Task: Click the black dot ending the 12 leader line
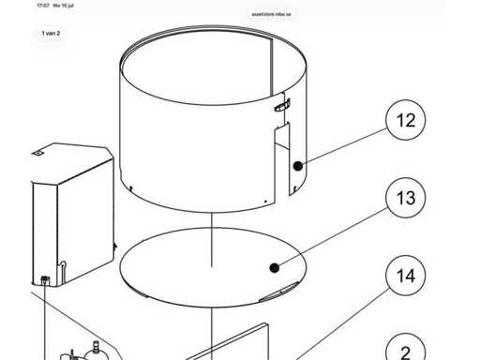pyautogui.click(x=298, y=166)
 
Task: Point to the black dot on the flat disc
pyautogui.click(x=275, y=268)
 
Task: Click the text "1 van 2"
pyautogui.click(x=51, y=33)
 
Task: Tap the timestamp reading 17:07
pyautogui.click(x=43, y=6)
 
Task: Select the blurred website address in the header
pyautogui.click(x=272, y=14)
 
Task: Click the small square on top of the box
pyautogui.click(x=37, y=153)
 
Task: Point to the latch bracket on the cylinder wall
pyautogui.click(x=282, y=105)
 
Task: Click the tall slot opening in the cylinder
pyautogui.click(x=282, y=159)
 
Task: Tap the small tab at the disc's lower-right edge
pyautogui.click(x=279, y=292)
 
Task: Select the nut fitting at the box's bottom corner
pyautogui.click(x=45, y=279)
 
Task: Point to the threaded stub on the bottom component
pyautogui.click(x=96, y=346)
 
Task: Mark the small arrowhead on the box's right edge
pyautogui.click(x=115, y=247)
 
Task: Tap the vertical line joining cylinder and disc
pyautogui.click(x=212, y=240)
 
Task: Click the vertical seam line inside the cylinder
pyautogui.click(x=272, y=67)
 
